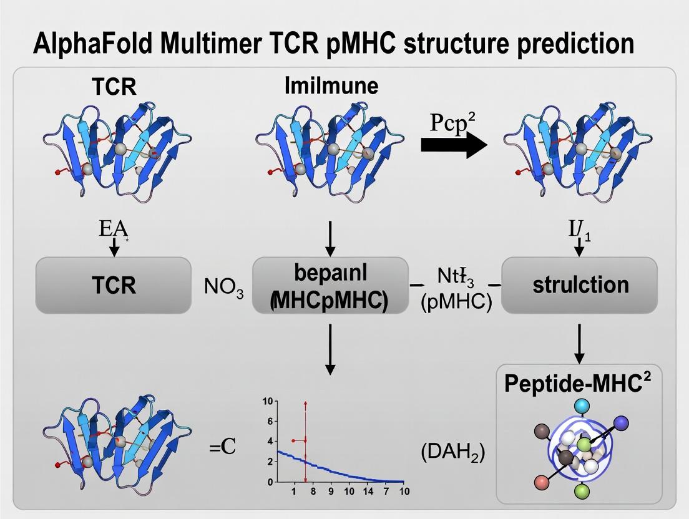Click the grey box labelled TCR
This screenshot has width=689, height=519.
113,285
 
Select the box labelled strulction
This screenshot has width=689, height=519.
579,285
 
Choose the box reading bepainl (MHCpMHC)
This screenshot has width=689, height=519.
329,285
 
